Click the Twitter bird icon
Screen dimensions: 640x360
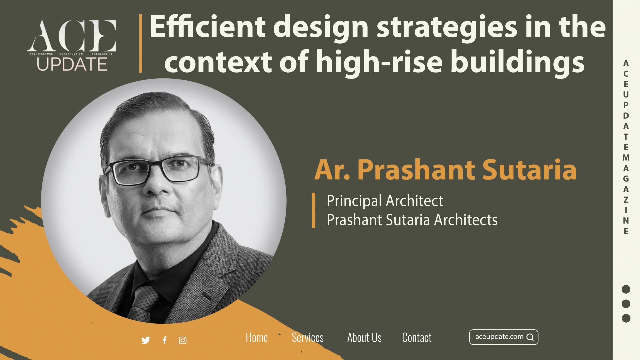(x=146, y=340)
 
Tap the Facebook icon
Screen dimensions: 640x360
(x=164, y=340)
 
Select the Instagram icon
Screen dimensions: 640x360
(x=183, y=340)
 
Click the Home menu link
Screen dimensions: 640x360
(x=257, y=337)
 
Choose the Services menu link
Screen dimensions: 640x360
(x=308, y=337)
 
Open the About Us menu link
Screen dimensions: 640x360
(x=364, y=337)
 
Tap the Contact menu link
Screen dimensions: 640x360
(x=417, y=337)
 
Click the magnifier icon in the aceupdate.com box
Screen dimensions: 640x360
(x=530, y=337)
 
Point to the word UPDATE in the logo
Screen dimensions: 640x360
(x=72, y=64)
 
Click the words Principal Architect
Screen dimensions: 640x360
(x=385, y=201)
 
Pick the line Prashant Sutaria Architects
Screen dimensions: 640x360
(x=412, y=220)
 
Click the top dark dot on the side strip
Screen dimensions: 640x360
(x=626, y=289)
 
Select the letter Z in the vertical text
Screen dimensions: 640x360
(x=626, y=200)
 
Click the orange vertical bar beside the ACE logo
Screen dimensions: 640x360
(x=141, y=43)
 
